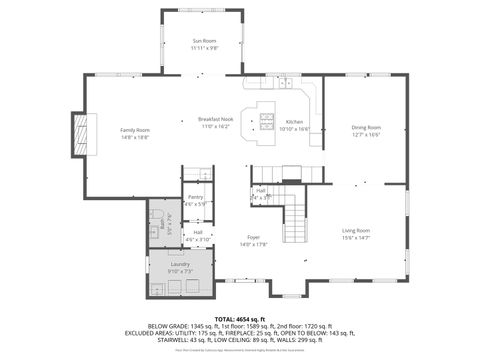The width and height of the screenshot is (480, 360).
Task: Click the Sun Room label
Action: [204, 41]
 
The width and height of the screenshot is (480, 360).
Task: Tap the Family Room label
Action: [135, 130]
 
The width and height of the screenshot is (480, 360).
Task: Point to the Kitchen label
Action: [294, 122]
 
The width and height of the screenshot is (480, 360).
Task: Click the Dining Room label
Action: [366, 127]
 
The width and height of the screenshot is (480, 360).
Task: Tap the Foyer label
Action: [254, 238]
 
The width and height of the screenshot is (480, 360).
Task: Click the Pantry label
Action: [196, 197]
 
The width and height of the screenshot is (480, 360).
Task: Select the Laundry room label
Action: [180, 264]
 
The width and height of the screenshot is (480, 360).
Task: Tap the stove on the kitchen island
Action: [267, 121]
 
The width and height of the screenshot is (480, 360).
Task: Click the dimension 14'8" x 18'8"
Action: [135, 137]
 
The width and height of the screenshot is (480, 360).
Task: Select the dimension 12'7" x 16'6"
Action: [366, 134]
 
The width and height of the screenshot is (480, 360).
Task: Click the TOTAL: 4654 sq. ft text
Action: [240, 316]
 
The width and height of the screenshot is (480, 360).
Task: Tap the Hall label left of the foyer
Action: [198, 232]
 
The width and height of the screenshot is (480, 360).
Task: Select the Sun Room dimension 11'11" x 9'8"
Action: [204, 48]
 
